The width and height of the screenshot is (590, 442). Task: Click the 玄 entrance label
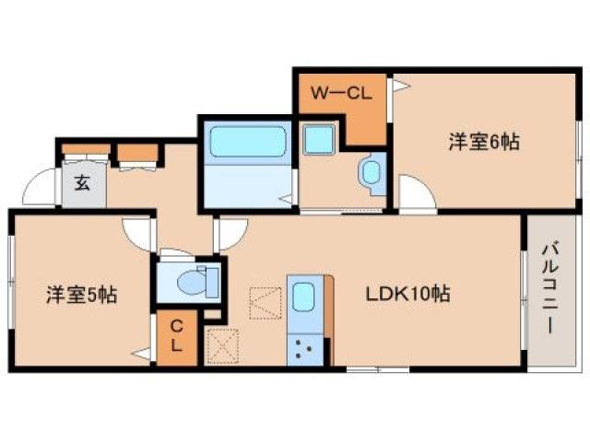[x=81, y=183]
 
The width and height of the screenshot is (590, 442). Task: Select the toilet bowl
[x=197, y=280]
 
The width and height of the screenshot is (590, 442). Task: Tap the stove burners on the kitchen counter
[x=305, y=347]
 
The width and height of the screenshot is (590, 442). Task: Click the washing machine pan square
[x=321, y=142]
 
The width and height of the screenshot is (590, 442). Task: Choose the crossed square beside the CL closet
[x=222, y=346]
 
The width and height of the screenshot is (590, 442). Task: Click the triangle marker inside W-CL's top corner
[x=400, y=86]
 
